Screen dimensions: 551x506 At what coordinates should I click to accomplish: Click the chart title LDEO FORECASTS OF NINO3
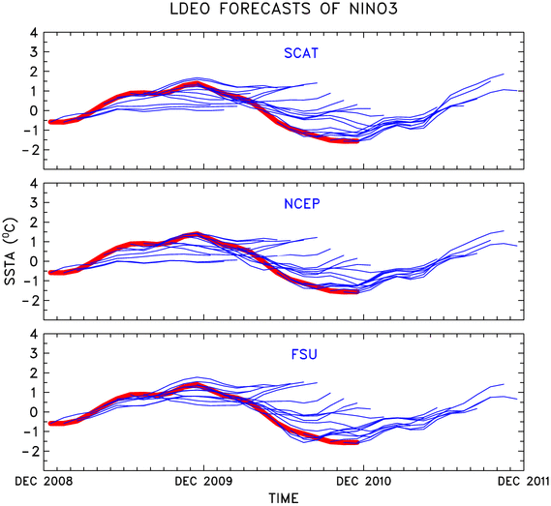pyautogui.click(x=284, y=9)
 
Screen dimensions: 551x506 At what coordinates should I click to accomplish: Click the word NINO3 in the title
pyautogui.click(x=374, y=9)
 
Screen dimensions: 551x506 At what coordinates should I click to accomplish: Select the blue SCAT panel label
pyautogui.click(x=301, y=53)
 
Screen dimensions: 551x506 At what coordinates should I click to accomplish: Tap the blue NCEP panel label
pyautogui.click(x=302, y=204)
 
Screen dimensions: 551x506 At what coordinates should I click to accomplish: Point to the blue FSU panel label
pyautogui.click(x=304, y=354)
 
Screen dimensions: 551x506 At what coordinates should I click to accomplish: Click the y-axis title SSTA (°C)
pyautogui.click(x=11, y=251)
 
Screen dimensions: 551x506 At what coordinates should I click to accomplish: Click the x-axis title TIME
pyautogui.click(x=284, y=498)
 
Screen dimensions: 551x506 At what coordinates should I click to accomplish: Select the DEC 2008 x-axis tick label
pyautogui.click(x=44, y=481)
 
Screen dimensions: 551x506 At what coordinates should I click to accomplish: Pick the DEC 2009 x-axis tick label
pyautogui.click(x=203, y=481)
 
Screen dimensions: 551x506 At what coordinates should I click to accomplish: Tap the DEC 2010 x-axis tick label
pyautogui.click(x=364, y=481)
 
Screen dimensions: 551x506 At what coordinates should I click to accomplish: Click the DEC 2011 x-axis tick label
pyautogui.click(x=523, y=481)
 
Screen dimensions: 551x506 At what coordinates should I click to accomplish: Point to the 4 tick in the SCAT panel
pyautogui.click(x=34, y=33)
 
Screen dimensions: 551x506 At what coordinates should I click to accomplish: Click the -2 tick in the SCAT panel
pyautogui.click(x=29, y=150)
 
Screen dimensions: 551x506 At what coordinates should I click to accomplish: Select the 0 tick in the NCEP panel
pyautogui.click(x=34, y=261)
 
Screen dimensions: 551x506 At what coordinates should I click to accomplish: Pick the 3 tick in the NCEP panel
pyautogui.click(x=34, y=202)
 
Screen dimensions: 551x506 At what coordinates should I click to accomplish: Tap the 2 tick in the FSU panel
pyautogui.click(x=34, y=372)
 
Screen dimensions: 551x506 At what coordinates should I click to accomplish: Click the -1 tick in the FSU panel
pyautogui.click(x=29, y=432)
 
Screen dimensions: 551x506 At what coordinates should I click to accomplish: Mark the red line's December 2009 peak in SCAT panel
pyautogui.click(x=197, y=83)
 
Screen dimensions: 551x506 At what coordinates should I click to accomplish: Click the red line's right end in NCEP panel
pyautogui.click(x=357, y=291)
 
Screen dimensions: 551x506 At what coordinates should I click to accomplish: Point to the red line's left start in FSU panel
pyautogui.click(x=50, y=423)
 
